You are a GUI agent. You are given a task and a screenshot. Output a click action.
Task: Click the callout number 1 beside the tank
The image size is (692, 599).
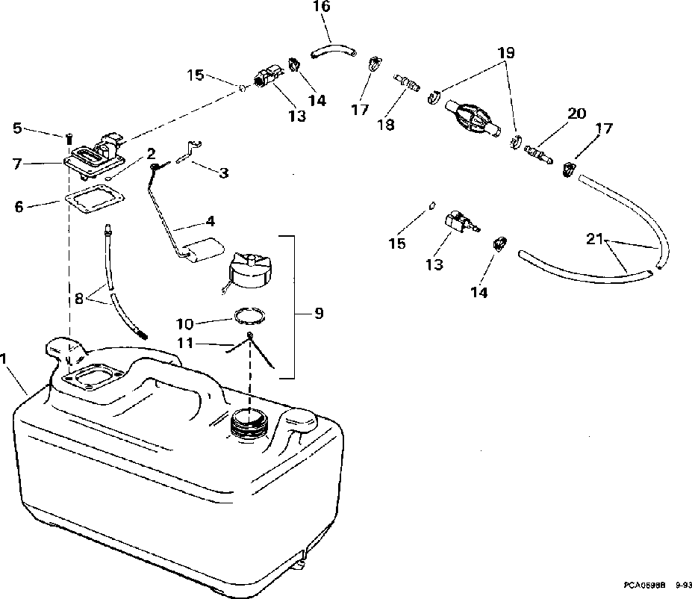(x=6, y=359)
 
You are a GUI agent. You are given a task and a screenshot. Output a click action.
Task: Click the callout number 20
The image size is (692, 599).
(x=577, y=114)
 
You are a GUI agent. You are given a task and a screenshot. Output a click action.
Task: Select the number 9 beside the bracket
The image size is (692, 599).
(x=319, y=314)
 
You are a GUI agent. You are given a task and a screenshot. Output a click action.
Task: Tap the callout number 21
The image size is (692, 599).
(x=594, y=239)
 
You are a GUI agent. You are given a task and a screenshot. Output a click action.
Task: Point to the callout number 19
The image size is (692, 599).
(x=506, y=54)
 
